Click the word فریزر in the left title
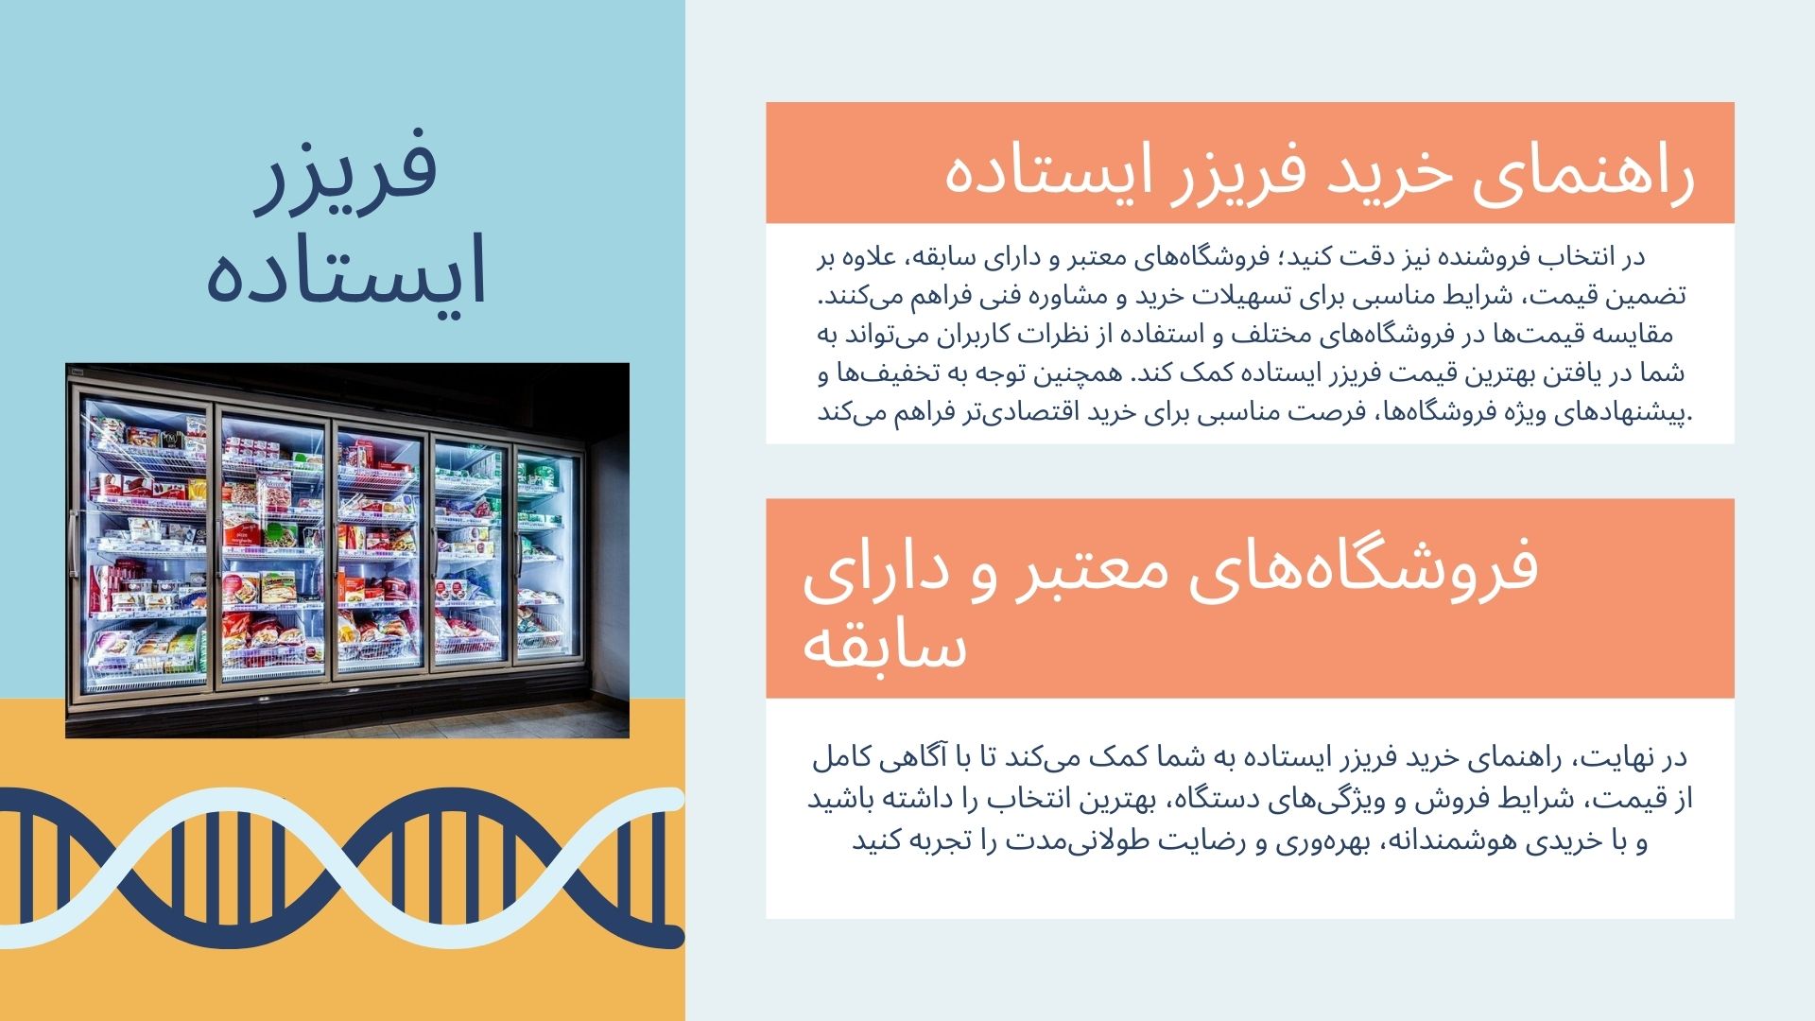pos(347,171)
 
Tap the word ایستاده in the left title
pos(347,269)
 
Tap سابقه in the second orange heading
pos(885,649)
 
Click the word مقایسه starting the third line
pos(1634,335)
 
